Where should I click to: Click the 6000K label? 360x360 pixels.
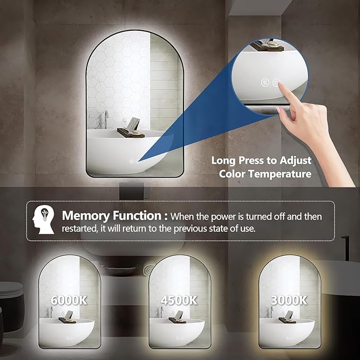[x=69, y=300]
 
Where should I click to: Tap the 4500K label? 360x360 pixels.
[x=179, y=300]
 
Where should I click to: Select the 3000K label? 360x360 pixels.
[x=289, y=300]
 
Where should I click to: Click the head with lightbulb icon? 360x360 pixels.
[x=43, y=219]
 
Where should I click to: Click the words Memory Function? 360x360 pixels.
[x=112, y=216]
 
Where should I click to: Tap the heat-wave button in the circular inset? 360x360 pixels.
[x=266, y=83]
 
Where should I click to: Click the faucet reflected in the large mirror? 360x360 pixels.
[x=106, y=119]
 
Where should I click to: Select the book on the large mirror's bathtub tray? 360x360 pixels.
[x=133, y=124]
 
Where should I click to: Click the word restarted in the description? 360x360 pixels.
[x=80, y=229]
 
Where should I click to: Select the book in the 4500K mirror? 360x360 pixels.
[x=179, y=314]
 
